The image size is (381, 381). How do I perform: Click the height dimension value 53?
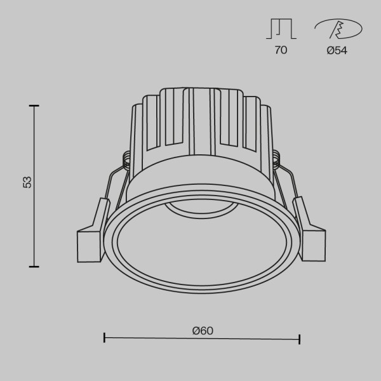(x=27, y=182)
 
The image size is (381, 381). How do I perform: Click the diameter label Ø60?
(x=202, y=330)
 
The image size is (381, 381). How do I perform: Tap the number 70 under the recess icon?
(x=281, y=51)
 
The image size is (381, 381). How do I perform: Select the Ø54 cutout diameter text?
(x=337, y=51)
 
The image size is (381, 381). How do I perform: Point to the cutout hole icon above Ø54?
(x=337, y=29)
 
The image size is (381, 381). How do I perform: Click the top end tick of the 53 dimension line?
(x=34, y=105)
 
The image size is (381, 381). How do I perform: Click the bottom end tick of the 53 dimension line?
(x=34, y=266)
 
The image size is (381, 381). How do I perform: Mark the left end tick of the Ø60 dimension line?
(x=104, y=338)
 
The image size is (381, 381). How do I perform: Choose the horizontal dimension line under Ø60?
(x=202, y=339)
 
